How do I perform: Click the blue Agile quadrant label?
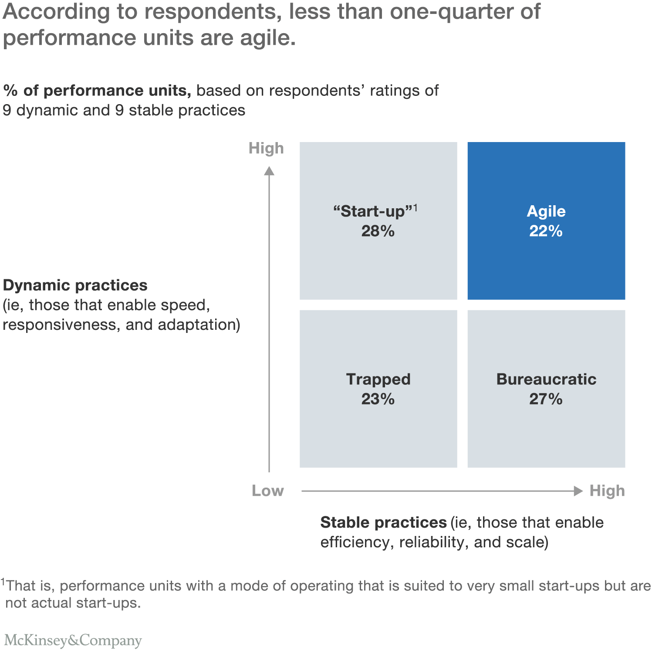coord(546,211)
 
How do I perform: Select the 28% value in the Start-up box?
coord(378,231)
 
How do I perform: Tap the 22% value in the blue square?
coord(546,231)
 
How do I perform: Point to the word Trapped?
coord(378,379)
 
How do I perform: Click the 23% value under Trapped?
coord(378,399)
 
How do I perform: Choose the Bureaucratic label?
coord(546,379)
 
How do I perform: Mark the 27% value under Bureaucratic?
coord(546,399)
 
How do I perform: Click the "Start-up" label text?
coord(373,211)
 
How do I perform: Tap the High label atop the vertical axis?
coord(266,149)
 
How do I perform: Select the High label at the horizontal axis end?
coord(607,491)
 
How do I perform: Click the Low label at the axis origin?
coord(267,491)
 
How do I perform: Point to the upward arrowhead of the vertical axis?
coord(269,171)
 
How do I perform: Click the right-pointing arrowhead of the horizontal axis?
coord(578,491)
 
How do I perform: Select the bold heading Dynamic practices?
coord(75,285)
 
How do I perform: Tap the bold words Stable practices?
coord(383,522)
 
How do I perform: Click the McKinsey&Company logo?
coord(73,640)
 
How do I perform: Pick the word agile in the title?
coord(267,38)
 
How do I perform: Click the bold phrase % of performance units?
coord(97,91)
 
